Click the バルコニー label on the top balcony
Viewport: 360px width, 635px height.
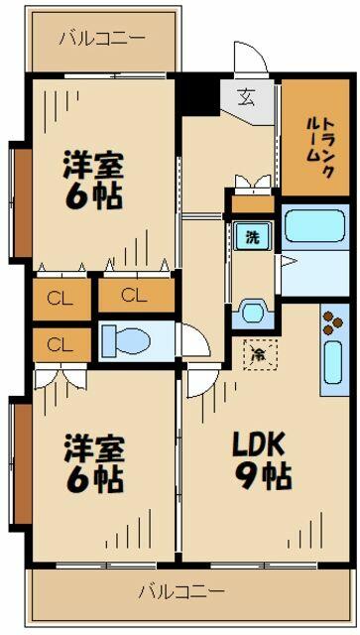102,40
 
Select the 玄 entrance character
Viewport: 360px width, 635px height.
245,97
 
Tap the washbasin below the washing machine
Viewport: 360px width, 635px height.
253,313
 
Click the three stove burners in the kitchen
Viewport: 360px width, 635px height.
331,325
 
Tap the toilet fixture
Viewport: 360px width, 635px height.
125,340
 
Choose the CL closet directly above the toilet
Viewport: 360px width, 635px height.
133,295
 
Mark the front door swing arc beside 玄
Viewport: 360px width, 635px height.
251,58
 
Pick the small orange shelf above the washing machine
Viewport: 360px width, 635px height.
251,205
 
